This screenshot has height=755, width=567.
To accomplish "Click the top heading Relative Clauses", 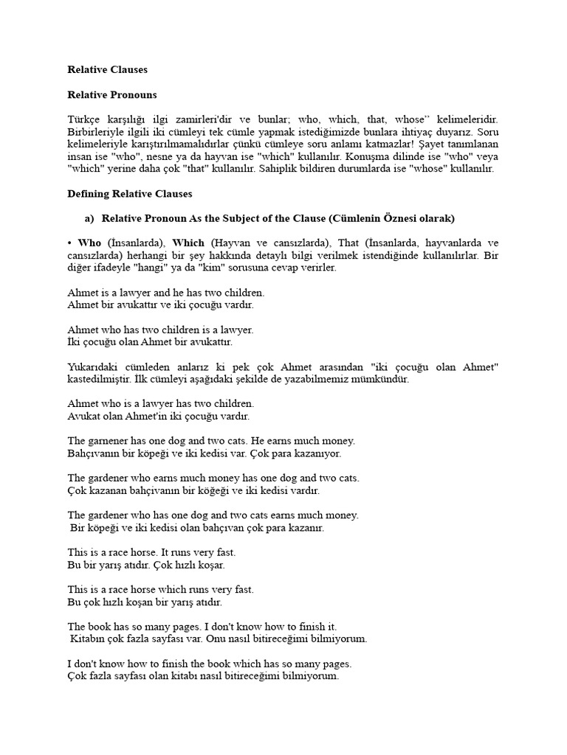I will tap(108, 70).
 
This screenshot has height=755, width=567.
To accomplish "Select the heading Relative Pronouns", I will tap(112, 95).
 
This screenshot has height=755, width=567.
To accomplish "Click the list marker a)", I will tap(90, 218).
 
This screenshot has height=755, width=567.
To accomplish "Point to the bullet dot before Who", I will tap(70, 243).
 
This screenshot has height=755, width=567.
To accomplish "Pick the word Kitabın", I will tap(88, 639).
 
